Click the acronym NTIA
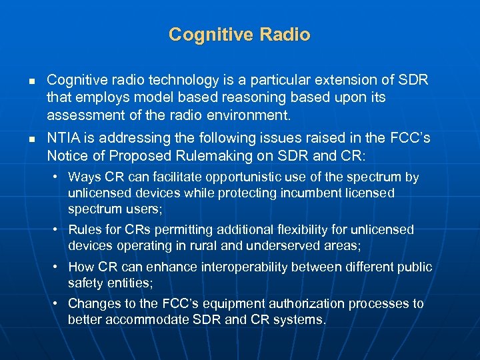65,139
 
